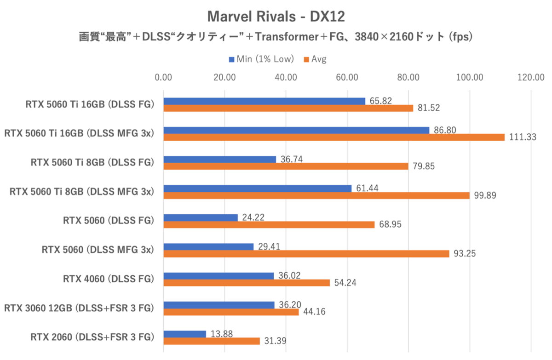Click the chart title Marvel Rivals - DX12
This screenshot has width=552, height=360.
coord(276,17)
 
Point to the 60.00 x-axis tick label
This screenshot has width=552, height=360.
coord(347,77)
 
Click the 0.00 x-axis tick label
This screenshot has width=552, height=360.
coord(164,77)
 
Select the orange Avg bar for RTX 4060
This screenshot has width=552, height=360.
coord(247,283)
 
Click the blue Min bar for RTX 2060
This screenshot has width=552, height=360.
coord(184,334)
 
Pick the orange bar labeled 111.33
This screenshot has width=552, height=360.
coord(334,137)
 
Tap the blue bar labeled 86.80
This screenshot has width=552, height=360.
coord(296,130)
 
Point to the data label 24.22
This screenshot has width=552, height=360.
coord(253,217)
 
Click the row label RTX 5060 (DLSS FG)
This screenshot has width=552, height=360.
coord(108,221)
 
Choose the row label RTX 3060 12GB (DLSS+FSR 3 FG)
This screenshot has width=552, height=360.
coord(79,308)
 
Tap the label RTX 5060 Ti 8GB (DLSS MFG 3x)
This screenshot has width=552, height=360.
coord(81,192)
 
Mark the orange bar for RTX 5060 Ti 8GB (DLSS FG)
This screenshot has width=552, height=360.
coord(286,166)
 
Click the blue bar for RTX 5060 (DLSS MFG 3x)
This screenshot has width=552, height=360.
coord(208,246)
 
